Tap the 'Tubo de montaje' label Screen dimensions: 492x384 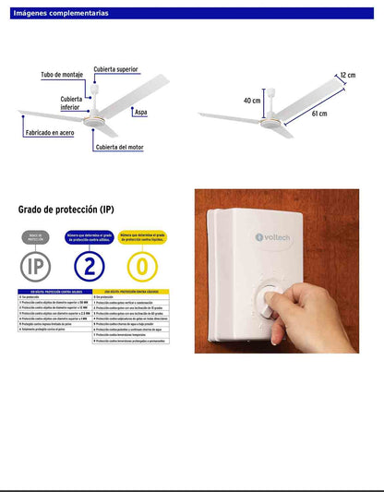point(63,75)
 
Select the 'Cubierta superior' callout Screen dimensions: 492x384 point(115,68)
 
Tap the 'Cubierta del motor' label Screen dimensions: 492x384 point(119,147)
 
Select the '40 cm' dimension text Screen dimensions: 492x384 point(252,100)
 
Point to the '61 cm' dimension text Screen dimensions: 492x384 point(318,114)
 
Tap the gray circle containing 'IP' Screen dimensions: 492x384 point(36,268)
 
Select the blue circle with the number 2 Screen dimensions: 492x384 point(89,268)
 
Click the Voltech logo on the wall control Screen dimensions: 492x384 point(278,236)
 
